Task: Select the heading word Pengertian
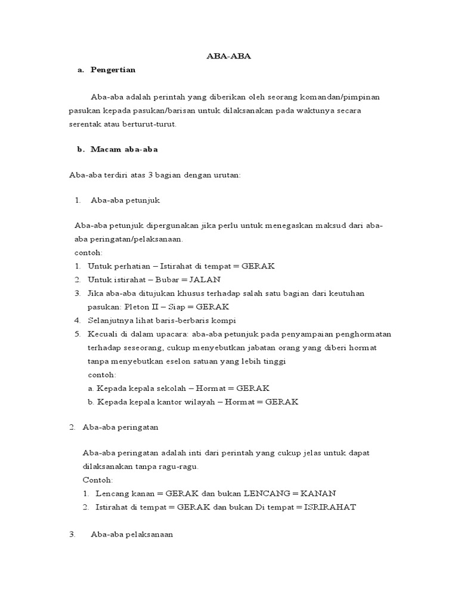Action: point(113,70)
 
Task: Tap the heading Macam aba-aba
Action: point(124,149)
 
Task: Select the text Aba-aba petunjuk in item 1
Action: point(125,200)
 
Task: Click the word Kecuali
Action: point(103,334)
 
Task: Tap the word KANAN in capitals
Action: point(318,493)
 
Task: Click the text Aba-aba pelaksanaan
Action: point(131,535)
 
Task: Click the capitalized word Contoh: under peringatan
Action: point(98,480)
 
